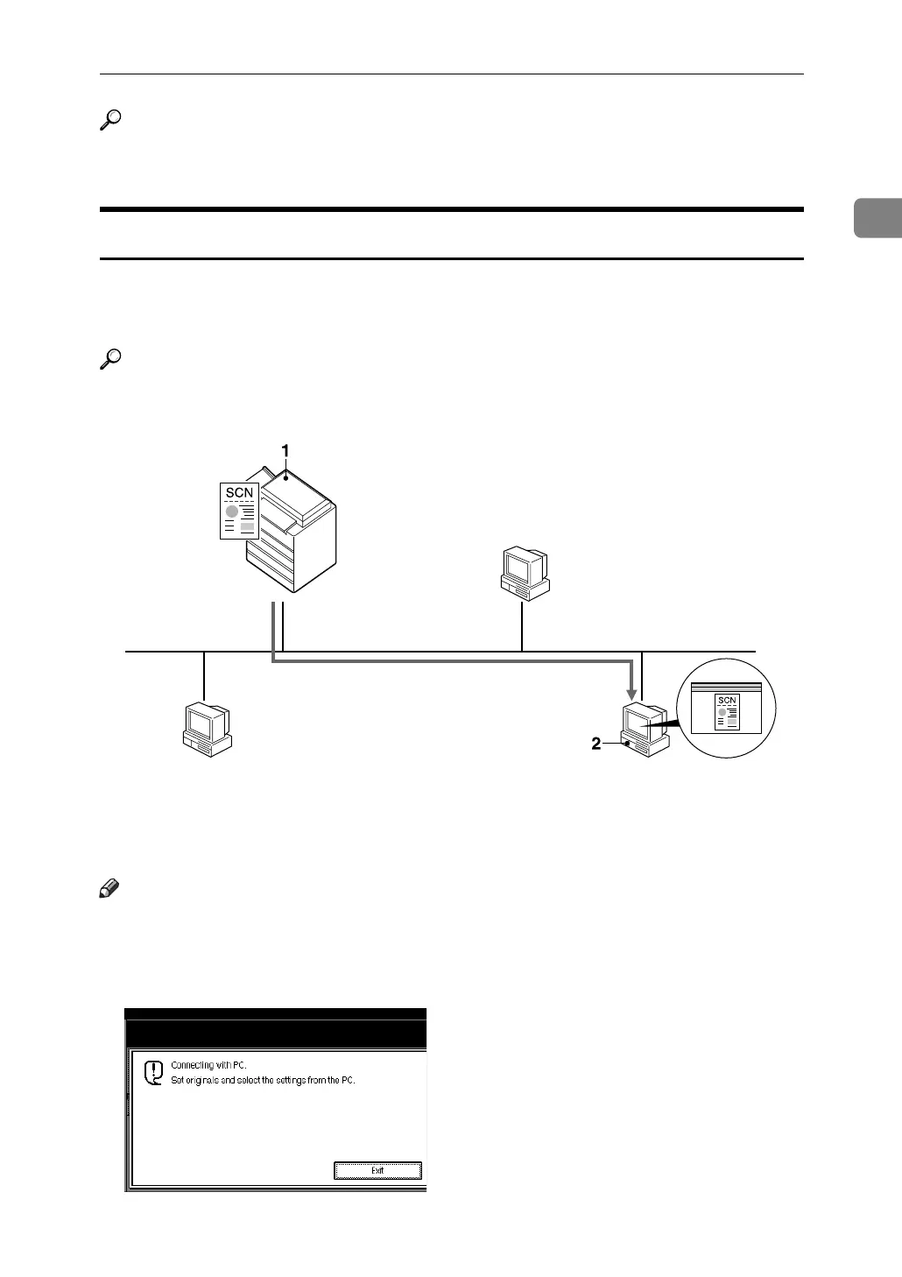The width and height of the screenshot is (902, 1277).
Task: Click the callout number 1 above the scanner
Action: point(285,449)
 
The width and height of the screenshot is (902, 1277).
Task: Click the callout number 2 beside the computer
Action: point(596,744)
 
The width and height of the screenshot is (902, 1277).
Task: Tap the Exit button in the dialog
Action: point(377,1170)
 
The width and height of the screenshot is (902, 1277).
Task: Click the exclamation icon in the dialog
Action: point(153,1073)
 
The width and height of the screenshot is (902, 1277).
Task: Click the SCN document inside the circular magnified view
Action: point(727,712)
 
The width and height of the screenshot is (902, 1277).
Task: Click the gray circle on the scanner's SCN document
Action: point(232,511)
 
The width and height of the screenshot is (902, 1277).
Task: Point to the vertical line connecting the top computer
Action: point(522,625)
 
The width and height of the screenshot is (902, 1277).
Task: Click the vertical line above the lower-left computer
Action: point(203,675)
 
